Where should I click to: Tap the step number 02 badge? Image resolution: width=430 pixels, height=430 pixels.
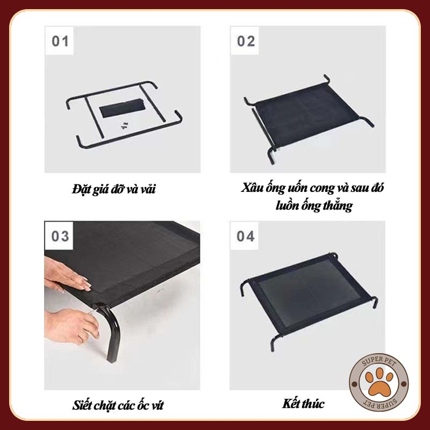[x=246, y=41]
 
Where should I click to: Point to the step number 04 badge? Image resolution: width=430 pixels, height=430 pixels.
[x=246, y=236]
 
